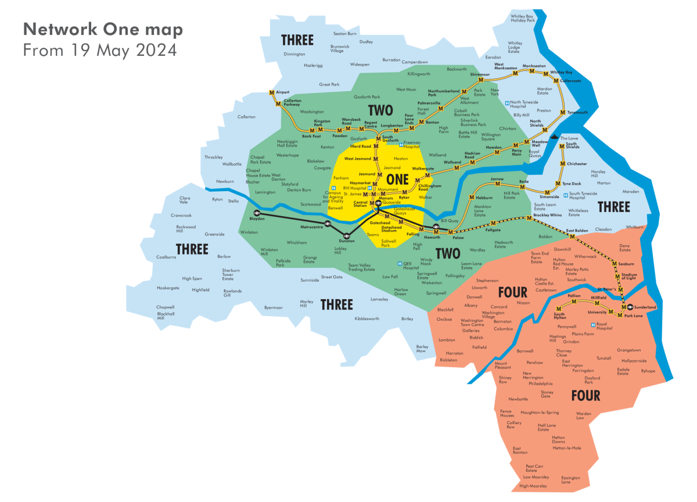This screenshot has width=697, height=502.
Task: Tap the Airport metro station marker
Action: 271,93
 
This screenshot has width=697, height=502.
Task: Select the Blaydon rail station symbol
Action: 257,213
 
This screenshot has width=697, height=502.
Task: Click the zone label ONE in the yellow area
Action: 397,180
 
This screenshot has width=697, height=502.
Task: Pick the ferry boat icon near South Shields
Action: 556,137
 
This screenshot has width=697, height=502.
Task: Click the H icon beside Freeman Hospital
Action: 401,144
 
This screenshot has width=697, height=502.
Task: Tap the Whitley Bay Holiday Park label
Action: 522,19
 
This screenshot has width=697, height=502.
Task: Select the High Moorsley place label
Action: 533,486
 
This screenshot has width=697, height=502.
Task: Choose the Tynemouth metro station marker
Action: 563,112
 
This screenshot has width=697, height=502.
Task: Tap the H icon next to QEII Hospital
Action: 399,264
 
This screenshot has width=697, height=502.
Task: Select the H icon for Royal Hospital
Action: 592,325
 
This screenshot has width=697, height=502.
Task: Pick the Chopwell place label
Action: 165,307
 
